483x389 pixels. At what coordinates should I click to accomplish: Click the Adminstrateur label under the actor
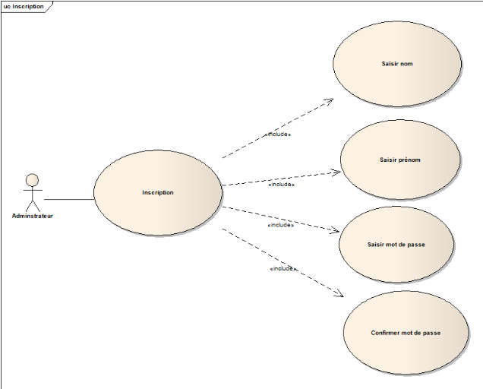33,216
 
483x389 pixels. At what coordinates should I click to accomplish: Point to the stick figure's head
32,180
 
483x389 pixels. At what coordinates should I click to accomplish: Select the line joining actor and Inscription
68,199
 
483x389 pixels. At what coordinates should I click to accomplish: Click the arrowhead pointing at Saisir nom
330,100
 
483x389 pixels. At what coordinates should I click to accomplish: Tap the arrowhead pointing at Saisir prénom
336,172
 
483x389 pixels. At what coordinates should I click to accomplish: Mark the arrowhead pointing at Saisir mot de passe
335,229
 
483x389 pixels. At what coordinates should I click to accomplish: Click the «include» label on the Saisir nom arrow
279,134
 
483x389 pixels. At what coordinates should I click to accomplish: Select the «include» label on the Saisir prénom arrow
281,184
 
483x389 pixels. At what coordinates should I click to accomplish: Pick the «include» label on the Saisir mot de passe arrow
281,225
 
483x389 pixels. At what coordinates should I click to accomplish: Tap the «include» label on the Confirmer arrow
283,269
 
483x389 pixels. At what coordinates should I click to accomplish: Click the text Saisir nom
396,64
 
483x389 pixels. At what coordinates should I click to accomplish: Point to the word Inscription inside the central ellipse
157,193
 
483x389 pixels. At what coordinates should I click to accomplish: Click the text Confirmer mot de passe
406,333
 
